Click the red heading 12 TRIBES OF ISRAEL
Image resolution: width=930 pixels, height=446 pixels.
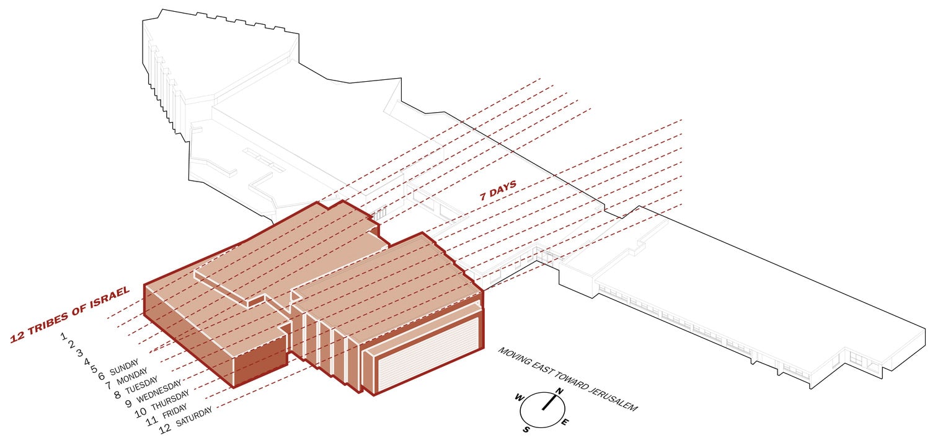coord(69,315)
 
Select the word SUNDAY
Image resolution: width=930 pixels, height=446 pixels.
coord(124,367)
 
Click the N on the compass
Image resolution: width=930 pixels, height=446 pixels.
coord(558,391)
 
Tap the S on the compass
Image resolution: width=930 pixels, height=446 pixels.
coord(526,429)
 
